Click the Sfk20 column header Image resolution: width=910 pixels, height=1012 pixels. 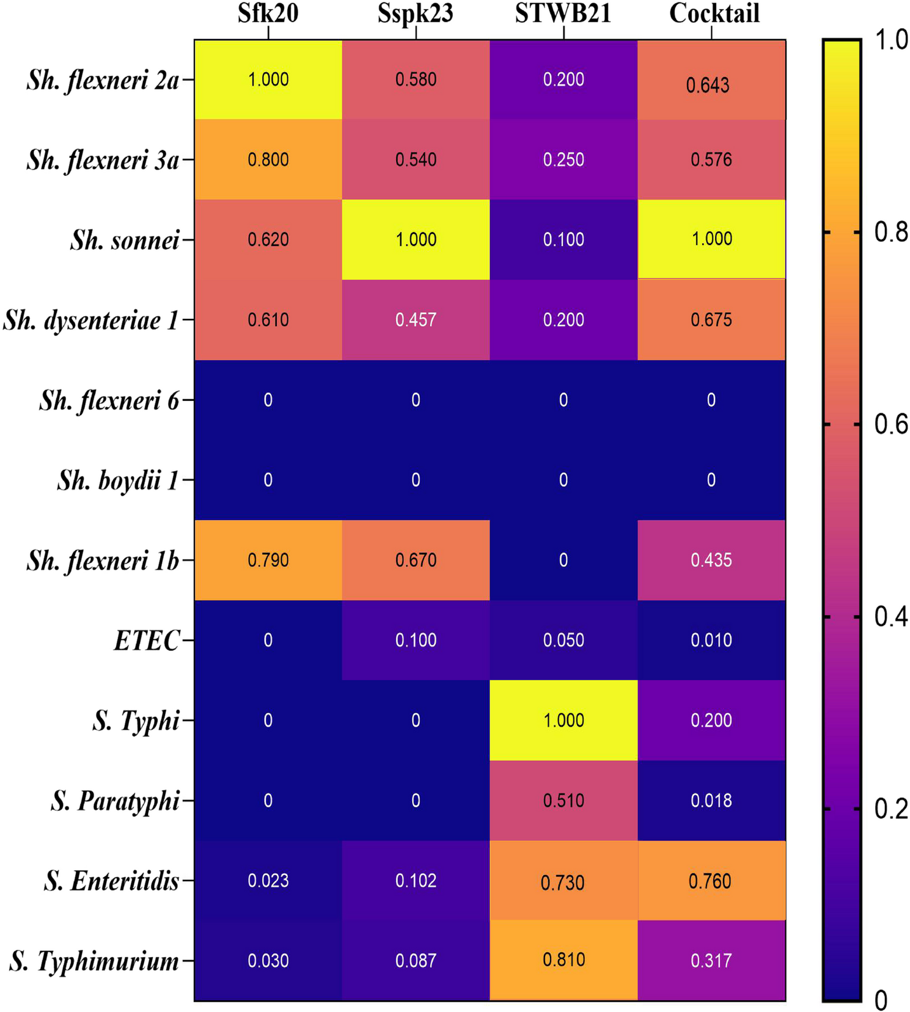(x=268, y=13)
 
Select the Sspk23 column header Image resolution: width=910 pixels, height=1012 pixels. (x=416, y=13)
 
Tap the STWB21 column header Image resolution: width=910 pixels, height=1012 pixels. (x=563, y=13)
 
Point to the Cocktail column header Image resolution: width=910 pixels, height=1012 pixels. (x=714, y=13)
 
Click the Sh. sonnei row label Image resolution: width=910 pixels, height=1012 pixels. (x=125, y=240)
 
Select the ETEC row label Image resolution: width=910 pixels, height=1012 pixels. (x=147, y=641)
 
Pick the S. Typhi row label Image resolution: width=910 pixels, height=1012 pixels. (x=136, y=721)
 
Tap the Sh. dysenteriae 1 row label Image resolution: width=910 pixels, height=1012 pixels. (x=90, y=320)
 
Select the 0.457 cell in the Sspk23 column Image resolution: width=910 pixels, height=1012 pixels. (x=416, y=320)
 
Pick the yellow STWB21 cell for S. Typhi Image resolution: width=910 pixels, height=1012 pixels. (x=563, y=721)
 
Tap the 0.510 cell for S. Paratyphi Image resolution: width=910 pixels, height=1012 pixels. (x=563, y=801)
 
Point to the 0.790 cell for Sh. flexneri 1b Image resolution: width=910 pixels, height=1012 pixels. (x=268, y=560)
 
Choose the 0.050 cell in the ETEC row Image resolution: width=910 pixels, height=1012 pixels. (x=563, y=640)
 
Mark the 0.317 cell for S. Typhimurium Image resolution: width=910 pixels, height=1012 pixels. (x=711, y=961)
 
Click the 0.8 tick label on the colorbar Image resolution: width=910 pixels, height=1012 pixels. (x=890, y=232)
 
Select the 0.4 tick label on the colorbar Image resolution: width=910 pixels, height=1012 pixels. (x=890, y=617)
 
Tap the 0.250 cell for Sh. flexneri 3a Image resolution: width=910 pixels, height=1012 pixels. (x=563, y=159)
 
